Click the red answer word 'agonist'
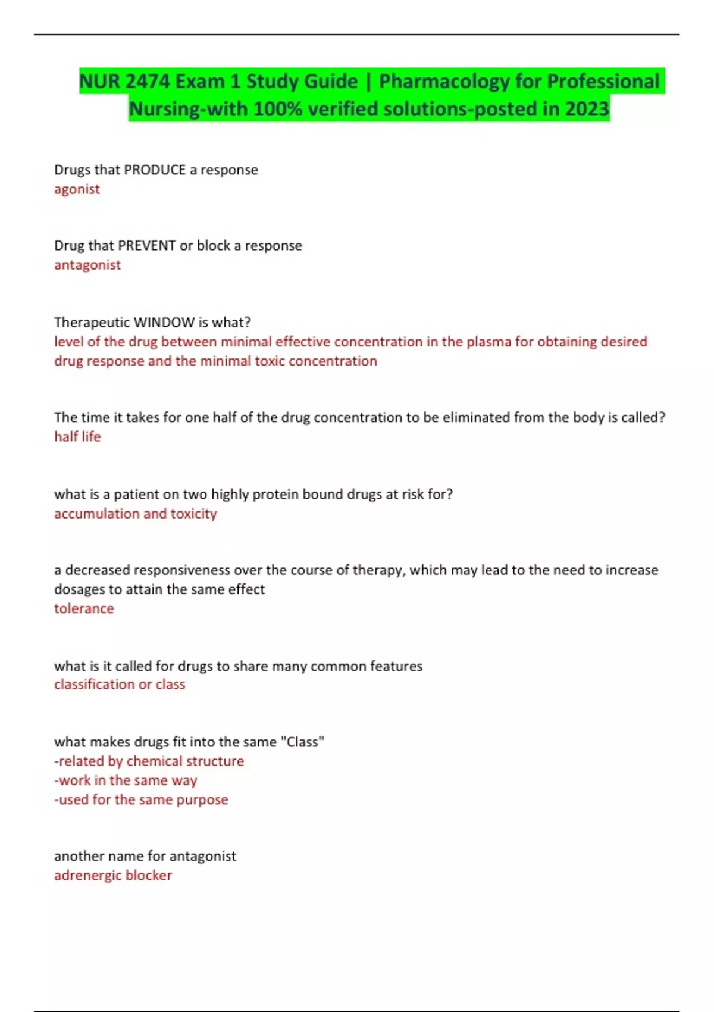click(x=77, y=189)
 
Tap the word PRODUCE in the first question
click(x=155, y=170)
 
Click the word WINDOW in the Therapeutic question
click(x=165, y=323)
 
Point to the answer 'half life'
click(x=77, y=437)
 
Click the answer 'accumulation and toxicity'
click(x=135, y=514)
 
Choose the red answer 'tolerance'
click(x=84, y=609)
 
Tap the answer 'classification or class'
click(x=120, y=685)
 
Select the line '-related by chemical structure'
click(x=149, y=761)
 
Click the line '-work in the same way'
click(x=126, y=780)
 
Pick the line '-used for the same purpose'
click(x=141, y=799)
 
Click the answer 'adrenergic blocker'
click(x=113, y=876)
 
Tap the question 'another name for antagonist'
click(x=145, y=856)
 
